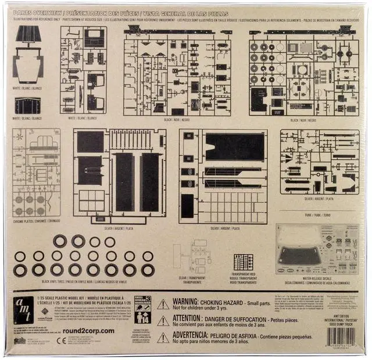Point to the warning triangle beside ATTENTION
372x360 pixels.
click(163, 321)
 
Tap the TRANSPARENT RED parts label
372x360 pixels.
click(243, 276)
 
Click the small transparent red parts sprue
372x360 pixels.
click(243, 262)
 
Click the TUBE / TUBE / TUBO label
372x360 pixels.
click(319, 215)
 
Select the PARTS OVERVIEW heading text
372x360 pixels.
click(37, 12)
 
